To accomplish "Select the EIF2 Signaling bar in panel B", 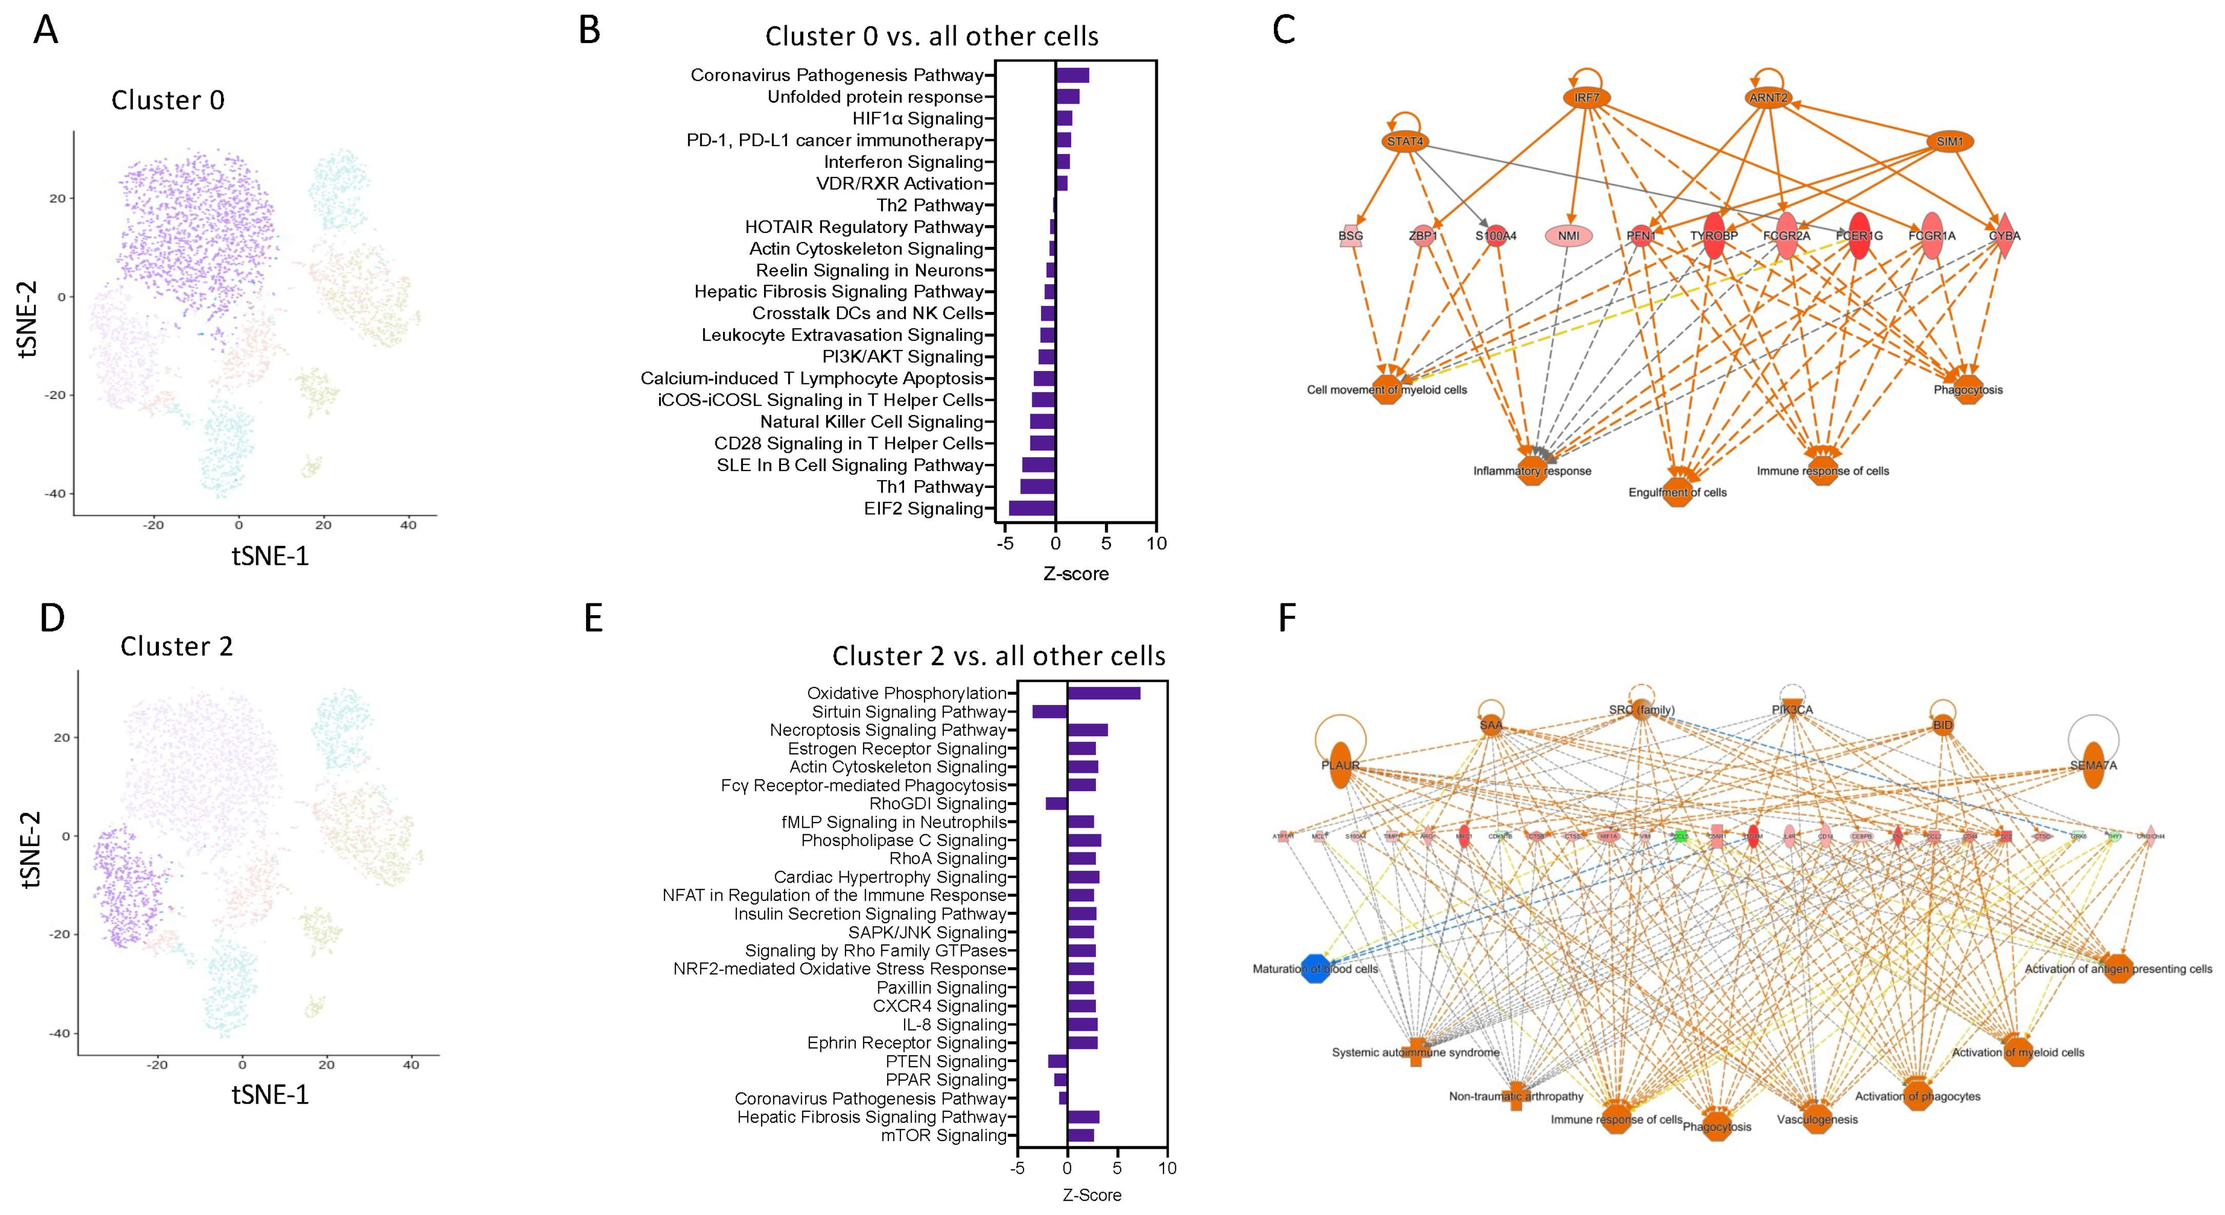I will click(x=1032, y=508).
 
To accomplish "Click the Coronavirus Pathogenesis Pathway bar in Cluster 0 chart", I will click(x=1072, y=75).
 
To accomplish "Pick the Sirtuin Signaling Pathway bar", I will click(x=1050, y=711).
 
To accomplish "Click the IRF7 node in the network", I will click(x=1587, y=97).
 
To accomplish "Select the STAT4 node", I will click(x=1406, y=142).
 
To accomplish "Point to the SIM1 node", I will click(x=1950, y=142).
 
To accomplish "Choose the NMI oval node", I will click(x=1569, y=235).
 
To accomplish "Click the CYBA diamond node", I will click(x=2004, y=235).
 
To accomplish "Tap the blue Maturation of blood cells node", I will click(x=1315, y=969).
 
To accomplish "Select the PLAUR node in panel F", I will click(x=1339, y=765).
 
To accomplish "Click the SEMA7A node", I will click(x=2093, y=765).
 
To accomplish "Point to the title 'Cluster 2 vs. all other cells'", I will click(x=998, y=656).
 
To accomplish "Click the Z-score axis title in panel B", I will click(x=1075, y=574).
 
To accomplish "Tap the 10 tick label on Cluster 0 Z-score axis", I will click(x=1156, y=543).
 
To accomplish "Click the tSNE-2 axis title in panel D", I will click(x=30, y=850).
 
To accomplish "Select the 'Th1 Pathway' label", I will click(x=929, y=486).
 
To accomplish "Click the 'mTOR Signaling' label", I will click(x=943, y=1135).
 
